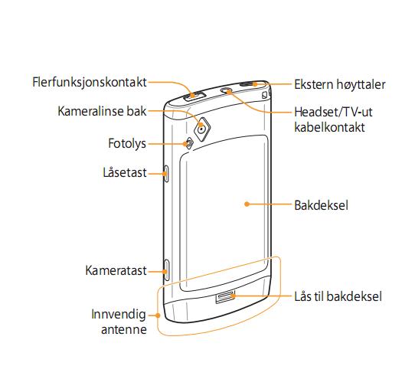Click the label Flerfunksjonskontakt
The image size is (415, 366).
(89, 82)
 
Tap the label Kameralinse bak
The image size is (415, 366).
(102, 111)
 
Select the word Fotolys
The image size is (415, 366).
(127, 144)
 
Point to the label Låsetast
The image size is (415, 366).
(124, 172)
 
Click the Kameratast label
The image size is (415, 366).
(116, 270)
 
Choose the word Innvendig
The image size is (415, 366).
(119, 315)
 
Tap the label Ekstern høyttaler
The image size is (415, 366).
(340, 85)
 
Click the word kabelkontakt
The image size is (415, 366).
(329, 127)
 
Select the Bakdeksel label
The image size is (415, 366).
(321, 205)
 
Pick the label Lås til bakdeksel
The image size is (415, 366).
(338, 296)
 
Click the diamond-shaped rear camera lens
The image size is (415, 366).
(202, 129)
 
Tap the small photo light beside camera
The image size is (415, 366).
(189, 143)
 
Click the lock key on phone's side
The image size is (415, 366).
(166, 174)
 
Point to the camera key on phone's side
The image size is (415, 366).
(166, 270)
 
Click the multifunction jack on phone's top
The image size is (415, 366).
(194, 96)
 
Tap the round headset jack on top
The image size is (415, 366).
(227, 90)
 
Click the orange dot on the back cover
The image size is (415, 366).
(247, 204)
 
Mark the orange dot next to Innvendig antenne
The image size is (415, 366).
(158, 315)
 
